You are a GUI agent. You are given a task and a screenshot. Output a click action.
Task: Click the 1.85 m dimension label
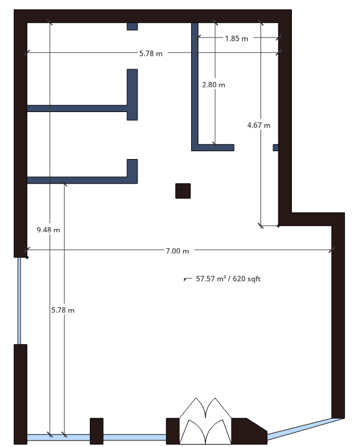click(236, 39)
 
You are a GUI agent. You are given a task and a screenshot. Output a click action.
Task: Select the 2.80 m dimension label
click(213, 85)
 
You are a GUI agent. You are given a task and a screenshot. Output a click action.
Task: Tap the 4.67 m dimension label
click(259, 125)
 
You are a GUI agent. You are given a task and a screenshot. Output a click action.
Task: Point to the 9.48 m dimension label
click(48, 230)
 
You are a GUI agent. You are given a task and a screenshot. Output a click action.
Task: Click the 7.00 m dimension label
click(177, 251)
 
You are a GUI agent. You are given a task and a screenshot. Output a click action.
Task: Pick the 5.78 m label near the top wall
click(151, 53)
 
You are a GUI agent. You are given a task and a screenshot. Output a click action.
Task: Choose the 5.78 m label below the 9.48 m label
click(63, 310)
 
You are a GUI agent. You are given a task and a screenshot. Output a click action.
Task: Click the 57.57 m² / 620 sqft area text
click(228, 279)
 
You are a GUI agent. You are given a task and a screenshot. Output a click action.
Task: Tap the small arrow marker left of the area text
click(188, 279)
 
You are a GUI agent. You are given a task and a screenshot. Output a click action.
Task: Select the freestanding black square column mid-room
click(183, 191)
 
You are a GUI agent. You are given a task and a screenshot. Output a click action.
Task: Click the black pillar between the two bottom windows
click(96, 431)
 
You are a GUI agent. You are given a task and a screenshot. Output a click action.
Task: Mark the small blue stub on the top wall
click(132, 27)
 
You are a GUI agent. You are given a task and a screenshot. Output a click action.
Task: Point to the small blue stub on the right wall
click(276, 148)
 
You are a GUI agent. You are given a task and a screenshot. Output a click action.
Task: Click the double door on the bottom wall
click(206, 420)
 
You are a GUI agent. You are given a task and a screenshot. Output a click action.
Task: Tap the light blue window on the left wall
click(19, 301)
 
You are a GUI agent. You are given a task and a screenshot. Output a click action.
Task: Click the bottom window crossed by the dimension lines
click(58, 437)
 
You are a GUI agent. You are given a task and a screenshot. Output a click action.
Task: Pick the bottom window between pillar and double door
click(134, 437)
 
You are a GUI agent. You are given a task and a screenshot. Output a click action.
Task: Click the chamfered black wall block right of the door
click(249, 431)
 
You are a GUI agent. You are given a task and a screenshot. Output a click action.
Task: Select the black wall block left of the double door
click(172, 431)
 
